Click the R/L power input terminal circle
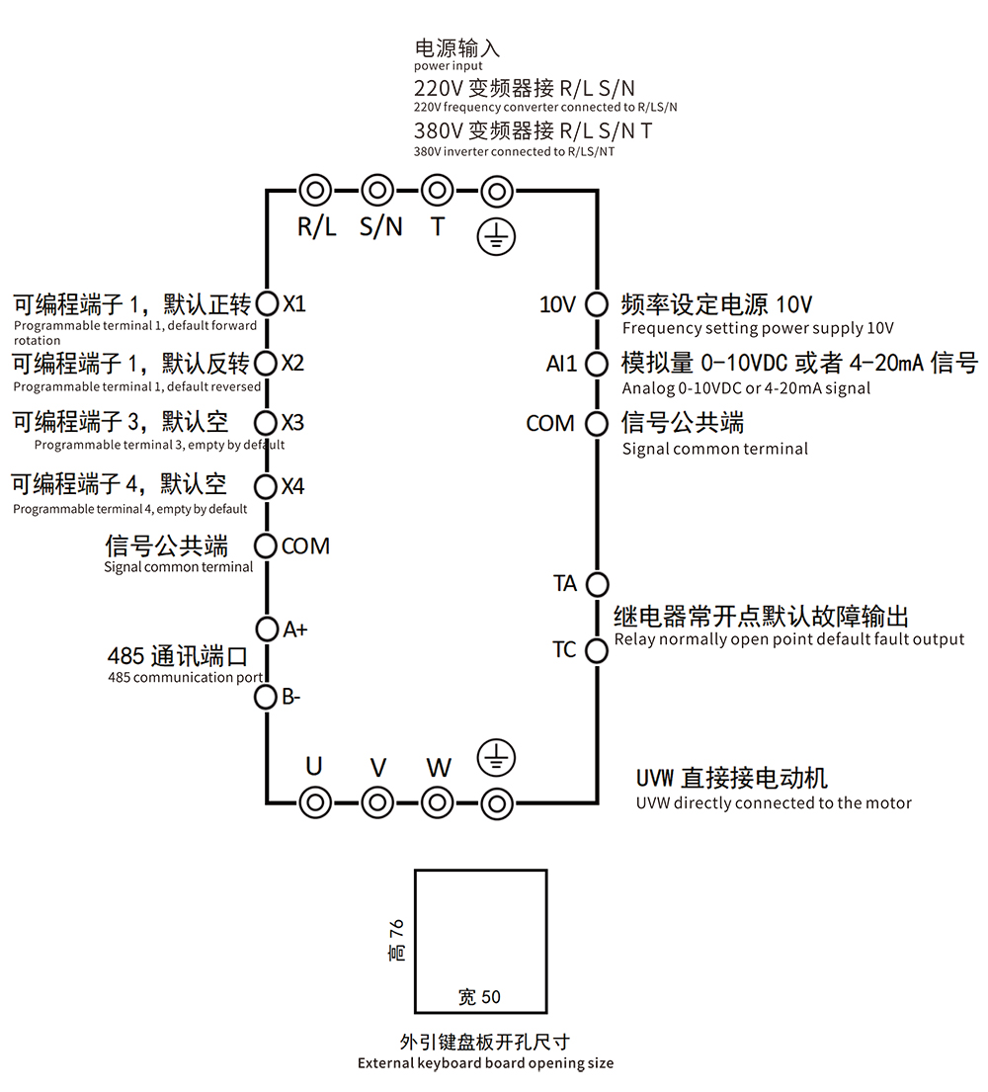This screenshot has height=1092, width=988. [315, 190]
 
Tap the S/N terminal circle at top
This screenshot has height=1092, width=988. [376, 190]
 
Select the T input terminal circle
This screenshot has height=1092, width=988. [437, 190]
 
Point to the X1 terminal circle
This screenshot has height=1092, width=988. [267, 302]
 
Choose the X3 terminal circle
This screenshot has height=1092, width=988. [267, 423]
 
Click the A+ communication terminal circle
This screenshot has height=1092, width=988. [267, 629]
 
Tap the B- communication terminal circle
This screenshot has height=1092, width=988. [267, 698]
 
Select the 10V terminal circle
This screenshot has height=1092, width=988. [597, 304]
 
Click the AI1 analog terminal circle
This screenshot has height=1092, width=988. [597, 364]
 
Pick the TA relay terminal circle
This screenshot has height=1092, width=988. [597, 583]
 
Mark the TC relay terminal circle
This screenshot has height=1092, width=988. [597, 650]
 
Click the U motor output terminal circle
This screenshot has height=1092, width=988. [315, 802]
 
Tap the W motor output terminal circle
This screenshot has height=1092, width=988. [437, 802]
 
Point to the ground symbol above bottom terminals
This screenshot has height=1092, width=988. [496, 758]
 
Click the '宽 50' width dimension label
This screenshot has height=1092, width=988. [480, 996]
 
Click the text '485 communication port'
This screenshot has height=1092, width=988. [185, 677]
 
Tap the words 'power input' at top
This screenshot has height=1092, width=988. [449, 65]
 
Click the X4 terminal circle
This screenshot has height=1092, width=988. [267, 486]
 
